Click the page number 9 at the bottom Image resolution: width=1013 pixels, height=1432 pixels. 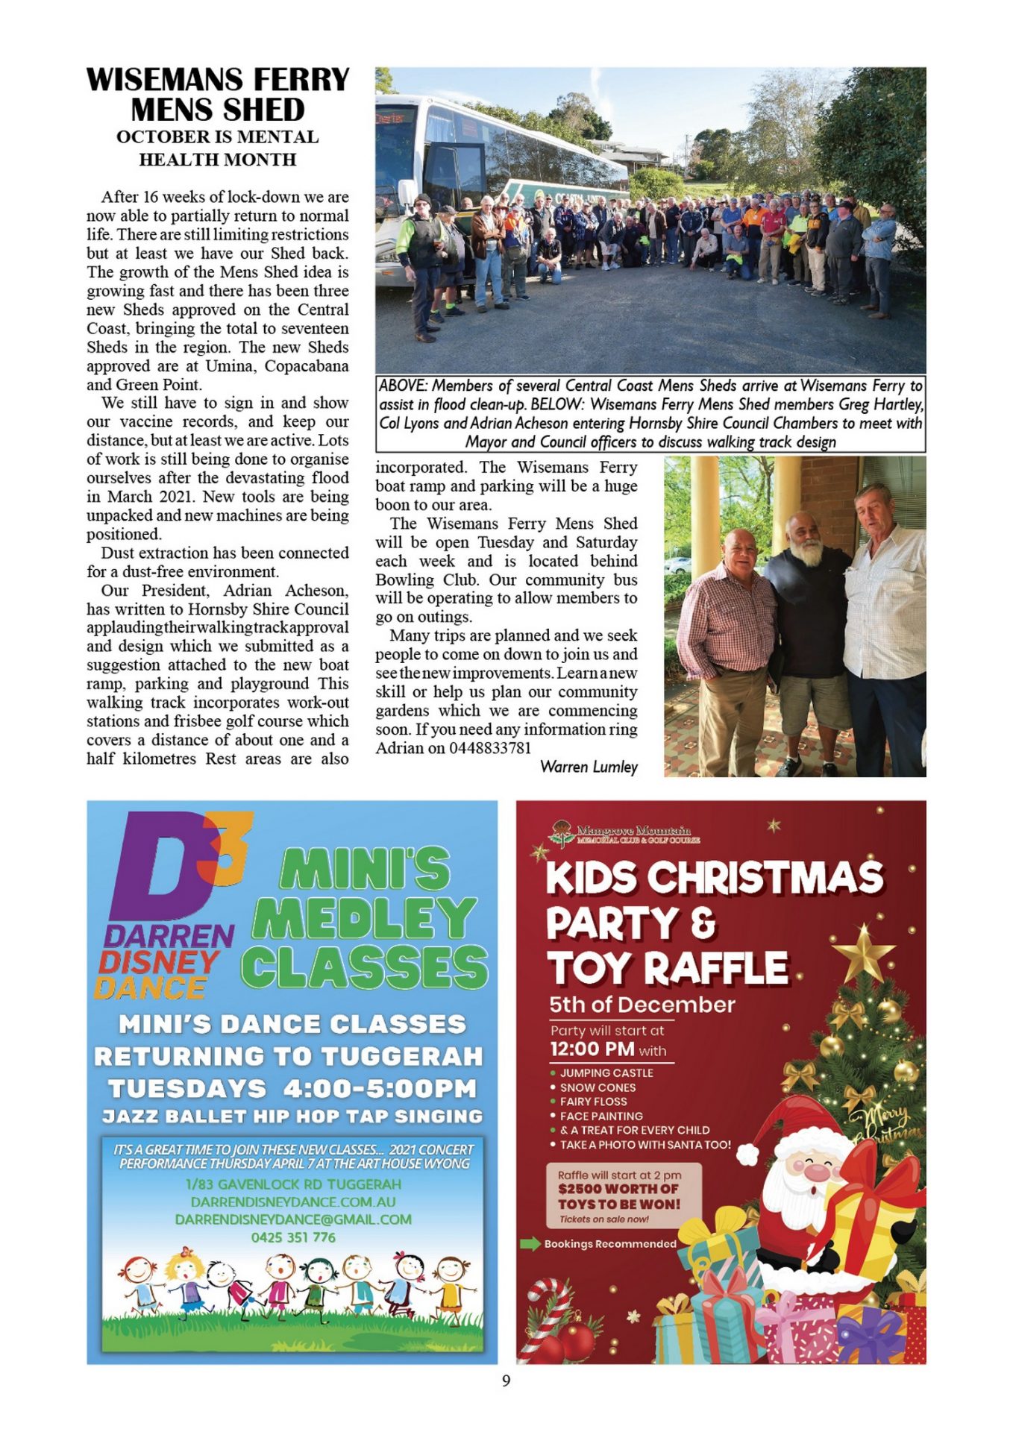[506, 1381]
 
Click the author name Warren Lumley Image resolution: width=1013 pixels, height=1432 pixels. [589, 767]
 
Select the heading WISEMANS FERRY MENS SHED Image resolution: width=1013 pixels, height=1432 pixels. [217, 95]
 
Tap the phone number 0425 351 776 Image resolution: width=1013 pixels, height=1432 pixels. [293, 1237]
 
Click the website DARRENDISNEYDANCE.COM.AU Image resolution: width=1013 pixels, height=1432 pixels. [293, 1202]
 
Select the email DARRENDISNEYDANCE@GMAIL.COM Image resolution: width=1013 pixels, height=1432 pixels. [293, 1219]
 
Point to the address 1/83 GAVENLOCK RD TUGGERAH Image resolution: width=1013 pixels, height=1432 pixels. [293, 1184]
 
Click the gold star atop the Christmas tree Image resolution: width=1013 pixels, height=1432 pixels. [863, 952]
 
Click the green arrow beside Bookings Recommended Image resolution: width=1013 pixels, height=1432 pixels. [530, 1243]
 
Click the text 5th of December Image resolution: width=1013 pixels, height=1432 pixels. [642, 1005]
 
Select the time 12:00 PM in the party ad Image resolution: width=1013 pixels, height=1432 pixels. [592, 1049]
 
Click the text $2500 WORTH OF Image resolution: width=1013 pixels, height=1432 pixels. [618, 1189]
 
